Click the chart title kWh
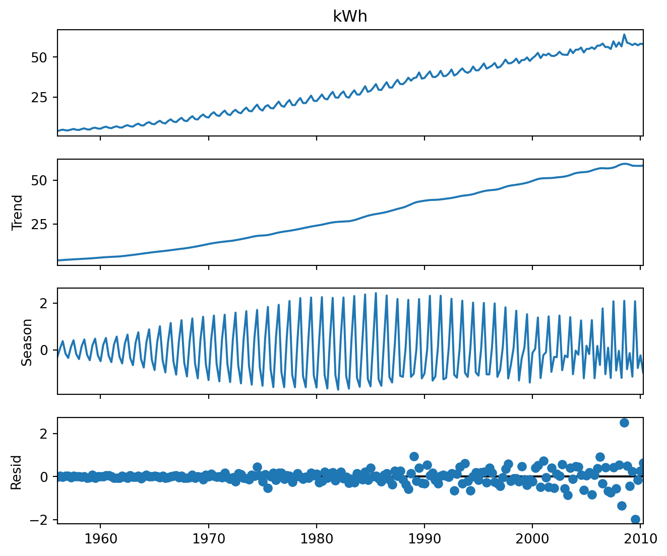pyautogui.click(x=350, y=17)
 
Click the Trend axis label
pyautogui.click(x=18, y=212)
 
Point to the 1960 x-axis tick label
pyautogui.click(x=100, y=539)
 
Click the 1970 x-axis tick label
pyautogui.click(x=208, y=539)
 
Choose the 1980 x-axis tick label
pyautogui.click(x=316, y=539)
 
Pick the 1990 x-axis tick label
pyautogui.click(x=424, y=539)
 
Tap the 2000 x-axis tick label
pyautogui.click(x=532, y=539)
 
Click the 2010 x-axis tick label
pyautogui.click(x=640, y=539)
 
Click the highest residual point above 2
pyautogui.click(x=624, y=423)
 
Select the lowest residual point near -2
pyautogui.click(x=635, y=519)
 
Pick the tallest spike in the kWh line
pyautogui.click(x=624, y=35)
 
